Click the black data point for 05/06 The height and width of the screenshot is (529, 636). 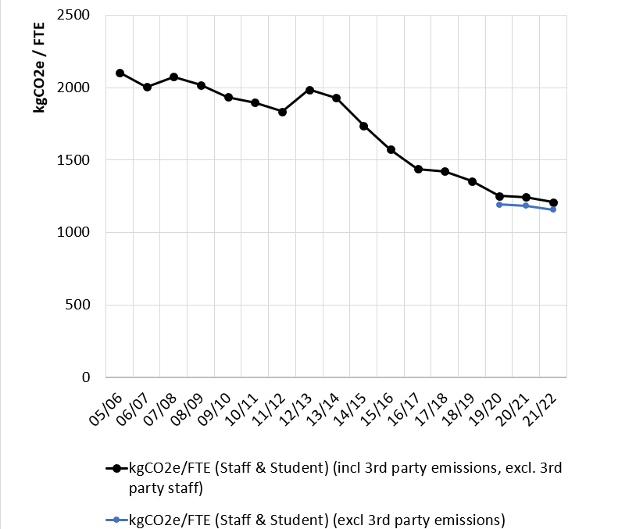pos(120,73)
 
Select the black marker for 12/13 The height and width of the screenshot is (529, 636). pos(309,90)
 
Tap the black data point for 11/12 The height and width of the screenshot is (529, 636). pos(282,112)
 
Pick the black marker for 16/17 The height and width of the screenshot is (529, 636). pos(418,169)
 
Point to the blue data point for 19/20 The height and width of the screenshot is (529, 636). pos(499,204)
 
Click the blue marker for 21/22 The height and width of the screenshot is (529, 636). pos(553,209)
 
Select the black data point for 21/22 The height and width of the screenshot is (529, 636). pos(553,202)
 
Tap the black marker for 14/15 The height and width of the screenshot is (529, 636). pos(363,126)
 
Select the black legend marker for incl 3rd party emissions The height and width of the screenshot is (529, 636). pos(116,468)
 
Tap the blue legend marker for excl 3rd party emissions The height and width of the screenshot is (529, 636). pos(116,519)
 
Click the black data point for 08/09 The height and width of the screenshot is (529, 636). pos(201,85)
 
